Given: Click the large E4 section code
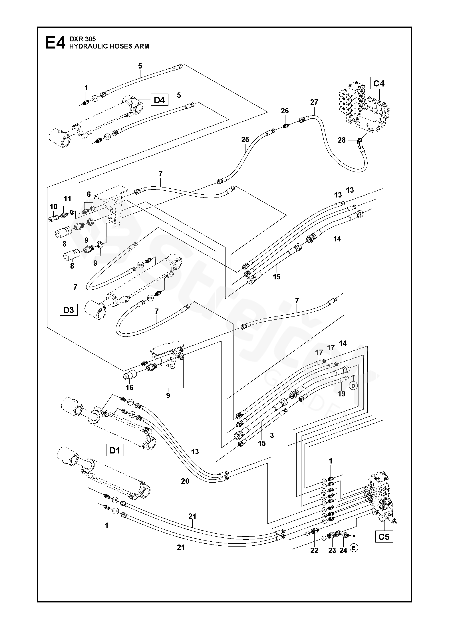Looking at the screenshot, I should pyautogui.click(x=55, y=43).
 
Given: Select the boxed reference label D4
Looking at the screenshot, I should pyautogui.click(x=159, y=100).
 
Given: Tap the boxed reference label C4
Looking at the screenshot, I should pyautogui.click(x=379, y=84).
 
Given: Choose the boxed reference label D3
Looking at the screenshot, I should pyautogui.click(x=69, y=310).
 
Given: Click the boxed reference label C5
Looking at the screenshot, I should pyautogui.click(x=384, y=537).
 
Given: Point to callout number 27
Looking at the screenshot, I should pyautogui.click(x=314, y=102).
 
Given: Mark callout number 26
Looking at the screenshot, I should pyautogui.click(x=285, y=111).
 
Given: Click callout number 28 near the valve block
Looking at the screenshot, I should pyautogui.click(x=342, y=140).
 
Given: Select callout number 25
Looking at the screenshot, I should pyautogui.click(x=245, y=140).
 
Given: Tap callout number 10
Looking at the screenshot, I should pyautogui.click(x=53, y=207).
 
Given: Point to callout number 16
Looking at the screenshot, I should pyautogui.click(x=130, y=387).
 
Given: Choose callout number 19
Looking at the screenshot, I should pyautogui.click(x=341, y=394).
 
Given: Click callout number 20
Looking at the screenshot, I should pyautogui.click(x=185, y=481).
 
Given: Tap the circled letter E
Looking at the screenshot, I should pyautogui.click(x=354, y=548).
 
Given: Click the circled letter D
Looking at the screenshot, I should pyautogui.click(x=353, y=386).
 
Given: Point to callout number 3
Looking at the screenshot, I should pyautogui.click(x=272, y=436).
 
